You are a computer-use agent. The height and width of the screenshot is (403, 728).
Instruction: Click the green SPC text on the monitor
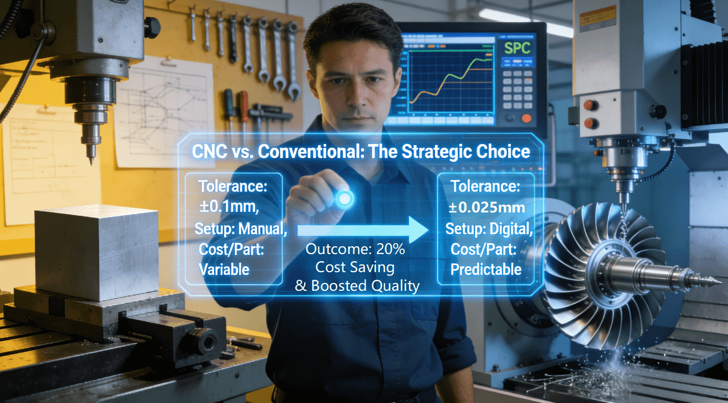point(517,48)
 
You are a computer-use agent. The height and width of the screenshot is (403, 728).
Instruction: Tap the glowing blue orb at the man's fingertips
point(344,198)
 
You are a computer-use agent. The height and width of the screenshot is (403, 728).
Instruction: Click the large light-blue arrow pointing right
point(363,230)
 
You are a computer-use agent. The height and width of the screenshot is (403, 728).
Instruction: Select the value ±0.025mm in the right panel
point(487,207)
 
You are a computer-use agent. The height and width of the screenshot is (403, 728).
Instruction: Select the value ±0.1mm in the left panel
point(229,207)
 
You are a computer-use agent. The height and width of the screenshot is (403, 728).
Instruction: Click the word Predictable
point(486,269)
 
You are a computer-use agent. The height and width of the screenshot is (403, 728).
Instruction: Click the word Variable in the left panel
point(224,269)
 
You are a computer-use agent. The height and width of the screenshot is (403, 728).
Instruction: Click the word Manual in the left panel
point(263,229)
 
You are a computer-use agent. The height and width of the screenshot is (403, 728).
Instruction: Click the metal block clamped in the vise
point(96,252)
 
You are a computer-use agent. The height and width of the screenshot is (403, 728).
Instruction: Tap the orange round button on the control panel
point(526,118)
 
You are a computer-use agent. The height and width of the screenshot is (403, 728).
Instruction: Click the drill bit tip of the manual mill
point(92,163)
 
